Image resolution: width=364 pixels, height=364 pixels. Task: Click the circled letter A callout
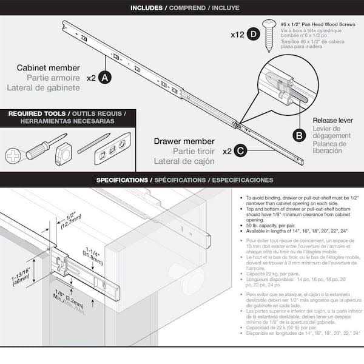click(104, 78)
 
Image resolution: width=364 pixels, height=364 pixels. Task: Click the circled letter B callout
click(298, 135)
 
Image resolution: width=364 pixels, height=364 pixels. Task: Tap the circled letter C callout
click(240, 150)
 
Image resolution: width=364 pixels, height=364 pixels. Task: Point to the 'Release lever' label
click(332, 120)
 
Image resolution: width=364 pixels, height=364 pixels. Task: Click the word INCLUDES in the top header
click(150, 7)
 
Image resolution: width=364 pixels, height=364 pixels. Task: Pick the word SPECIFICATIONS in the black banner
click(122, 180)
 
